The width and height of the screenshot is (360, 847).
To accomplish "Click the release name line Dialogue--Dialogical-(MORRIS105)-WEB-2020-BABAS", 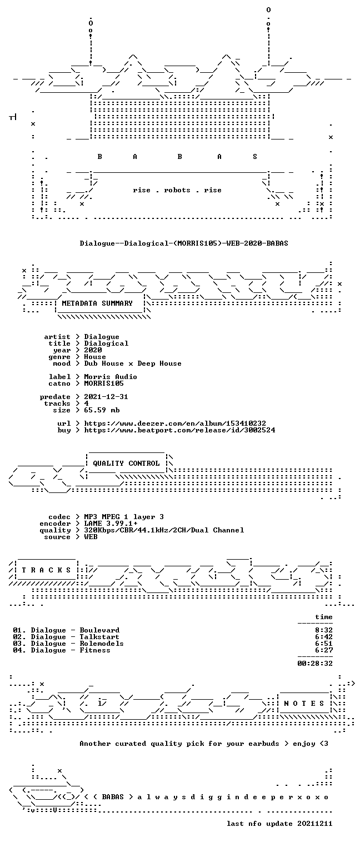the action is pyautogui.click(x=184, y=243).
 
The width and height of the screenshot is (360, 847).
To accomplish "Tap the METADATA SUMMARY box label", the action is pyautogui.click(x=97, y=303).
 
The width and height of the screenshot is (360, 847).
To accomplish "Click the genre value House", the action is pyautogui.click(x=95, y=357).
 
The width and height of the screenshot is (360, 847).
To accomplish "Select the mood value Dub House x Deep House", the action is pyautogui.click(x=133, y=363).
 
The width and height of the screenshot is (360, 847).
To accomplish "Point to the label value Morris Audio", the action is pyautogui.click(x=111, y=377).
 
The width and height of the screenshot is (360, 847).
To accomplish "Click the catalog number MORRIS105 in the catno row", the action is pyautogui.click(x=104, y=383).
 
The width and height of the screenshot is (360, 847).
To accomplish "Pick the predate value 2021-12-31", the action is pyautogui.click(x=106, y=397).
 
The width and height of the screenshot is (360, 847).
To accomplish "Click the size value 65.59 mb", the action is pyautogui.click(x=102, y=410).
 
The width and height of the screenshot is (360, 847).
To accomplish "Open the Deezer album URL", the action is pyautogui.click(x=175, y=423).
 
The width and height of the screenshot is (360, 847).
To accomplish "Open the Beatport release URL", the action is pyautogui.click(x=179, y=430).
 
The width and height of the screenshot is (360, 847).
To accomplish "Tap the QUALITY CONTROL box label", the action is pyautogui.click(x=126, y=463).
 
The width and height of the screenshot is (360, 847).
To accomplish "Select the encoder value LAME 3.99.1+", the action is pyautogui.click(x=111, y=524).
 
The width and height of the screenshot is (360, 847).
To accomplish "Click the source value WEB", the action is pyautogui.click(x=91, y=536).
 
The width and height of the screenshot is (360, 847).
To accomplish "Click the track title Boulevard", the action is pyautogui.click(x=99, y=630).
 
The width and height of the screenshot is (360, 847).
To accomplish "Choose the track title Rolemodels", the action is pyautogui.click(x=102, y=643).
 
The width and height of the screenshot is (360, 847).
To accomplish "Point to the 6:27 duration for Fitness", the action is pyautogui.click(x=324, y=650).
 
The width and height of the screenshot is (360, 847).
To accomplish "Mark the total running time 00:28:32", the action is pyautogui.click(x=315, y=663).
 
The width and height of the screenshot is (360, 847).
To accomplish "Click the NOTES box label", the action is pyautogui.click(x=304, y=703).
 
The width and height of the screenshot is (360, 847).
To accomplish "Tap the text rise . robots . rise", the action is pyautogui.click(x=177, y=190).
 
